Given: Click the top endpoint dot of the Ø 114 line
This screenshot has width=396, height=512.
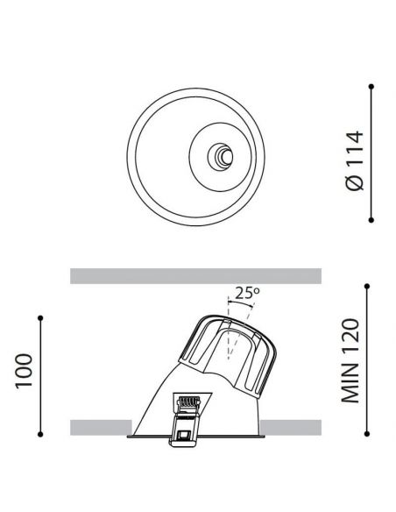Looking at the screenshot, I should click(x=371, y=86).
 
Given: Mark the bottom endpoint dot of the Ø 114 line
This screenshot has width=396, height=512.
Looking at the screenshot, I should click(x=371, y=219).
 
